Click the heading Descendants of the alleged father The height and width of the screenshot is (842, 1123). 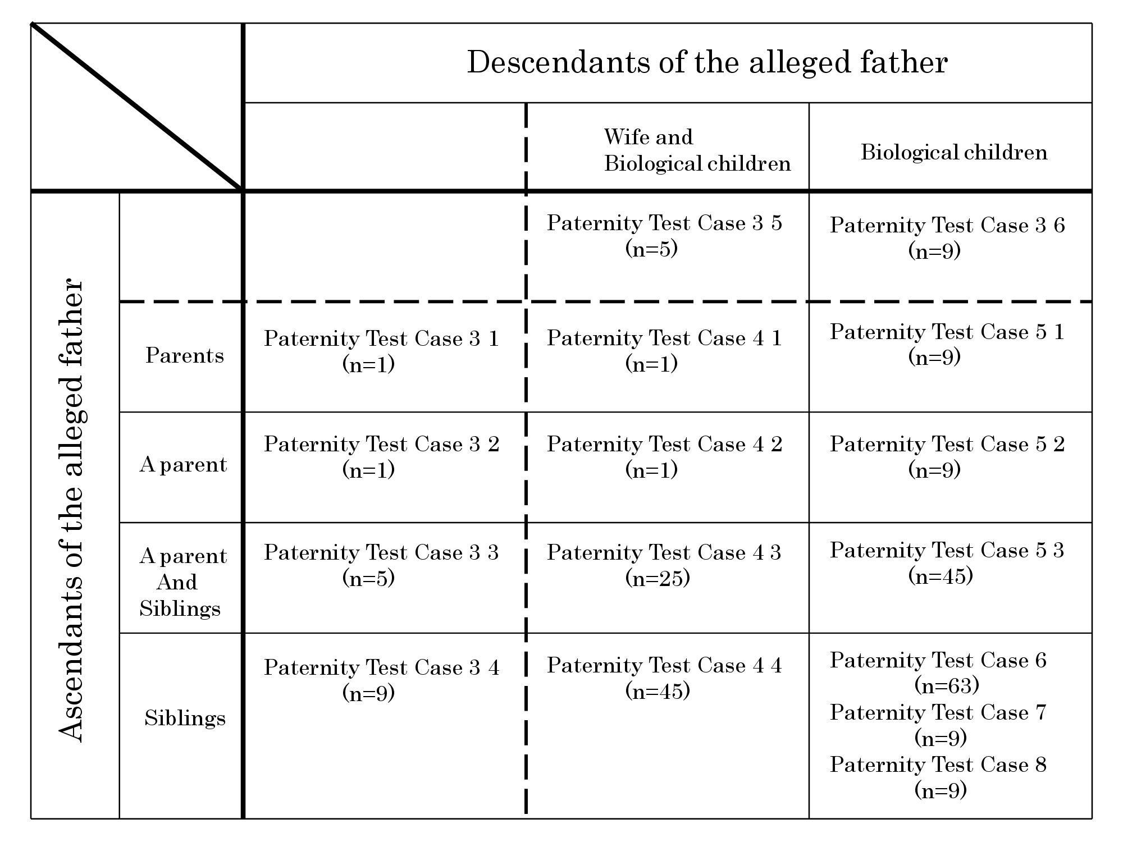tap(707, 62)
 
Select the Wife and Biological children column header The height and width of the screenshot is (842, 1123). tap(697, 150)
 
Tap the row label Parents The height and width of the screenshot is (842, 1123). tap(184, 355)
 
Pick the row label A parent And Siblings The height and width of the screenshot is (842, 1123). tap(183, 582)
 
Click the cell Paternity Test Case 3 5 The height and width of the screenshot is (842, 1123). tap(664, 235)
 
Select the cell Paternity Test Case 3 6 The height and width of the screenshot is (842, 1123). tap(947, 237)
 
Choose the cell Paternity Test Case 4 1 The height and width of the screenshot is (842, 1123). tap(664, 351)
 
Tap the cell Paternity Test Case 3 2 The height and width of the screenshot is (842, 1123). tap(381, 456)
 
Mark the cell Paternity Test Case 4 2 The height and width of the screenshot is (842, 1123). tap(664, 456)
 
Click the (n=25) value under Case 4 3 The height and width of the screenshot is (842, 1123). tap(658, 578)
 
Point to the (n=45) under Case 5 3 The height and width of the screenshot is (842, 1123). tap(941, 576)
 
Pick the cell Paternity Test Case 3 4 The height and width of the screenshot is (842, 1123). tap(381, 680)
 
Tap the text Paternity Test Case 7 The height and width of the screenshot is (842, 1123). tap(938, 712)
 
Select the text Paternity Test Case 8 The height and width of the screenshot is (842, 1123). tap(938, 765)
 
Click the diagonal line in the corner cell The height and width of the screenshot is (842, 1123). tap(136, 106)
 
